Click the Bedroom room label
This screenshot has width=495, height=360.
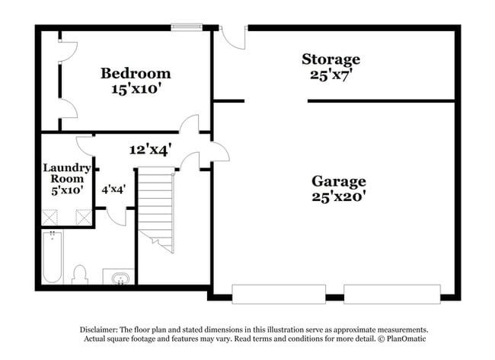136,74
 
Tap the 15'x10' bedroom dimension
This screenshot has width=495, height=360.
134,88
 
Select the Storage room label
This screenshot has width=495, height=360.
331,59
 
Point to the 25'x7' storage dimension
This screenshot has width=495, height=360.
331,75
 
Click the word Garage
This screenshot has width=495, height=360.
339,182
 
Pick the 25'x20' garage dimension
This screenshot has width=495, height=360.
339,196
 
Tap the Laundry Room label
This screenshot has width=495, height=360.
67,174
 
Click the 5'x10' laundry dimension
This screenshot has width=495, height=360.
67,190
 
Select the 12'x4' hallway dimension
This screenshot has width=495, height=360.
150,149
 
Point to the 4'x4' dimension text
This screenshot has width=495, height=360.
113,190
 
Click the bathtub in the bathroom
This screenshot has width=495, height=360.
53,256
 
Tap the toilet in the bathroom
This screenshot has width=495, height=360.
79,275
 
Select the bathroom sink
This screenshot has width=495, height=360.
120,279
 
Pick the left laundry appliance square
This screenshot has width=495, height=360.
49,217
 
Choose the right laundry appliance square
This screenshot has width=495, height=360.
84,217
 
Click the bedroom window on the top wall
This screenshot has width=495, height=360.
187,27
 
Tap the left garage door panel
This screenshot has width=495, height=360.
279,295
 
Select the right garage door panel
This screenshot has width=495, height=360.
392,295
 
